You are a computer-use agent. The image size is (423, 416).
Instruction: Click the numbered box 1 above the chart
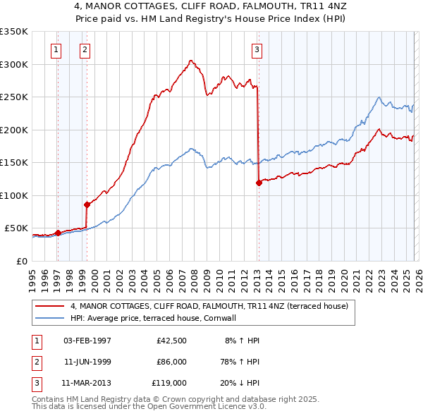pos(56,49)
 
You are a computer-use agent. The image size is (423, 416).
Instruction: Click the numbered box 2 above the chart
pos(85,49)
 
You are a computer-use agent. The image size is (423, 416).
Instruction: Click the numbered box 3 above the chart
pos(257,49)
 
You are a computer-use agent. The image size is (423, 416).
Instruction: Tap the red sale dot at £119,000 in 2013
pos(259,183)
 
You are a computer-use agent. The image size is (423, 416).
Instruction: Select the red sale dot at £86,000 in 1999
pos(87,204)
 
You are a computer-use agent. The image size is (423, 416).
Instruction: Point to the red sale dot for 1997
pos(58,233)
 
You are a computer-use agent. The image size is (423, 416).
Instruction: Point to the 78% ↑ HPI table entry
pos(240,361)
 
